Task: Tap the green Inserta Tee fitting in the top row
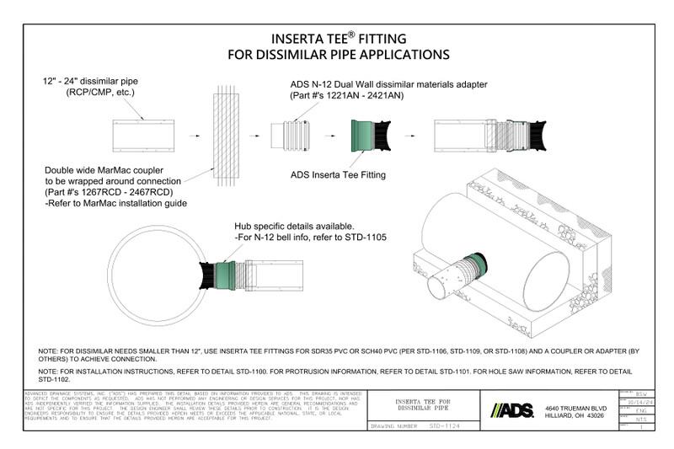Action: click(366, 136)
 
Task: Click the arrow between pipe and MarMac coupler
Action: click(195, 135)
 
